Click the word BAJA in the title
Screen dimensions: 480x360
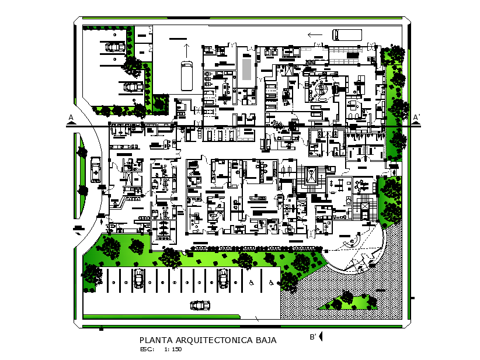[x=262, y=340]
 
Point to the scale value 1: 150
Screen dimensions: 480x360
[x=173, y=349]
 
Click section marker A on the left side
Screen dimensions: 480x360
[x=71, y=118]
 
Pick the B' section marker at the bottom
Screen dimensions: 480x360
[x=313, y=337]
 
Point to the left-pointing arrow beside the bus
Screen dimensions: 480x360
[x=315, y=35]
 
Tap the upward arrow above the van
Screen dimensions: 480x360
[x=186, y=49]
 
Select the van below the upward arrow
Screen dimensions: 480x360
[x=186, y=71]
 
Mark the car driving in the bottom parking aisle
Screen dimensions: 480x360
[x=200, y=305]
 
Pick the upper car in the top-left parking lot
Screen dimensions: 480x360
[x=115, y=46]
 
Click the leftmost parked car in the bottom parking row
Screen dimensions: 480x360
[x=139, y=278]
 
